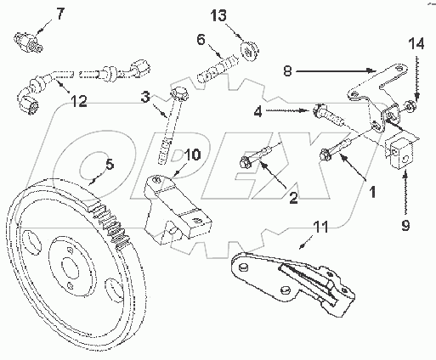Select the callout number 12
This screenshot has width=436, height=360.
click(x=78, y=102)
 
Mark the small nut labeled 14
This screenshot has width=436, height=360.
click(x=411, y=105)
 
